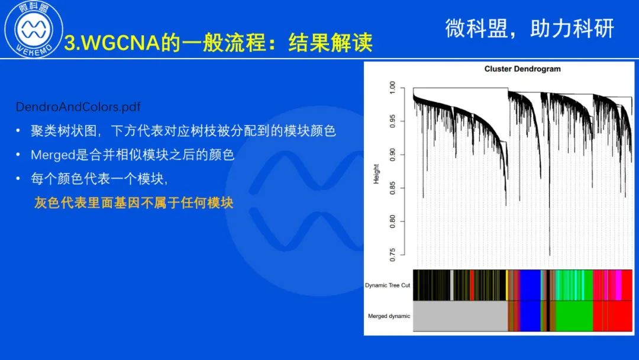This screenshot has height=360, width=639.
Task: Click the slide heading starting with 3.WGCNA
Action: (218, 43)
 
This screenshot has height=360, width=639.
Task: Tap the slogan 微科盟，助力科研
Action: (530, 28)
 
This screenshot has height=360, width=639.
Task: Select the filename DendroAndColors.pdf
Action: (78, 107)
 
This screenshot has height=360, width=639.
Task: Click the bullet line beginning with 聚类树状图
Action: (183, 131)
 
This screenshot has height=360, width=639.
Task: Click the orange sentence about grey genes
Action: (134, 202)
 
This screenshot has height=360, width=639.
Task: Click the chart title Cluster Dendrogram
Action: (522, 69)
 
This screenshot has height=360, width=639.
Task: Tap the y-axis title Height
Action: (376, 173)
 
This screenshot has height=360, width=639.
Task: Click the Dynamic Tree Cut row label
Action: (388, 285)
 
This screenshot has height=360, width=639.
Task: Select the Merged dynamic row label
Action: (389, 316)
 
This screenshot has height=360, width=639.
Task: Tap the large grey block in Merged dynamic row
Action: (460, 316)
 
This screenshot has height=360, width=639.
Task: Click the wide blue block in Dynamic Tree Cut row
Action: (530, 285)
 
